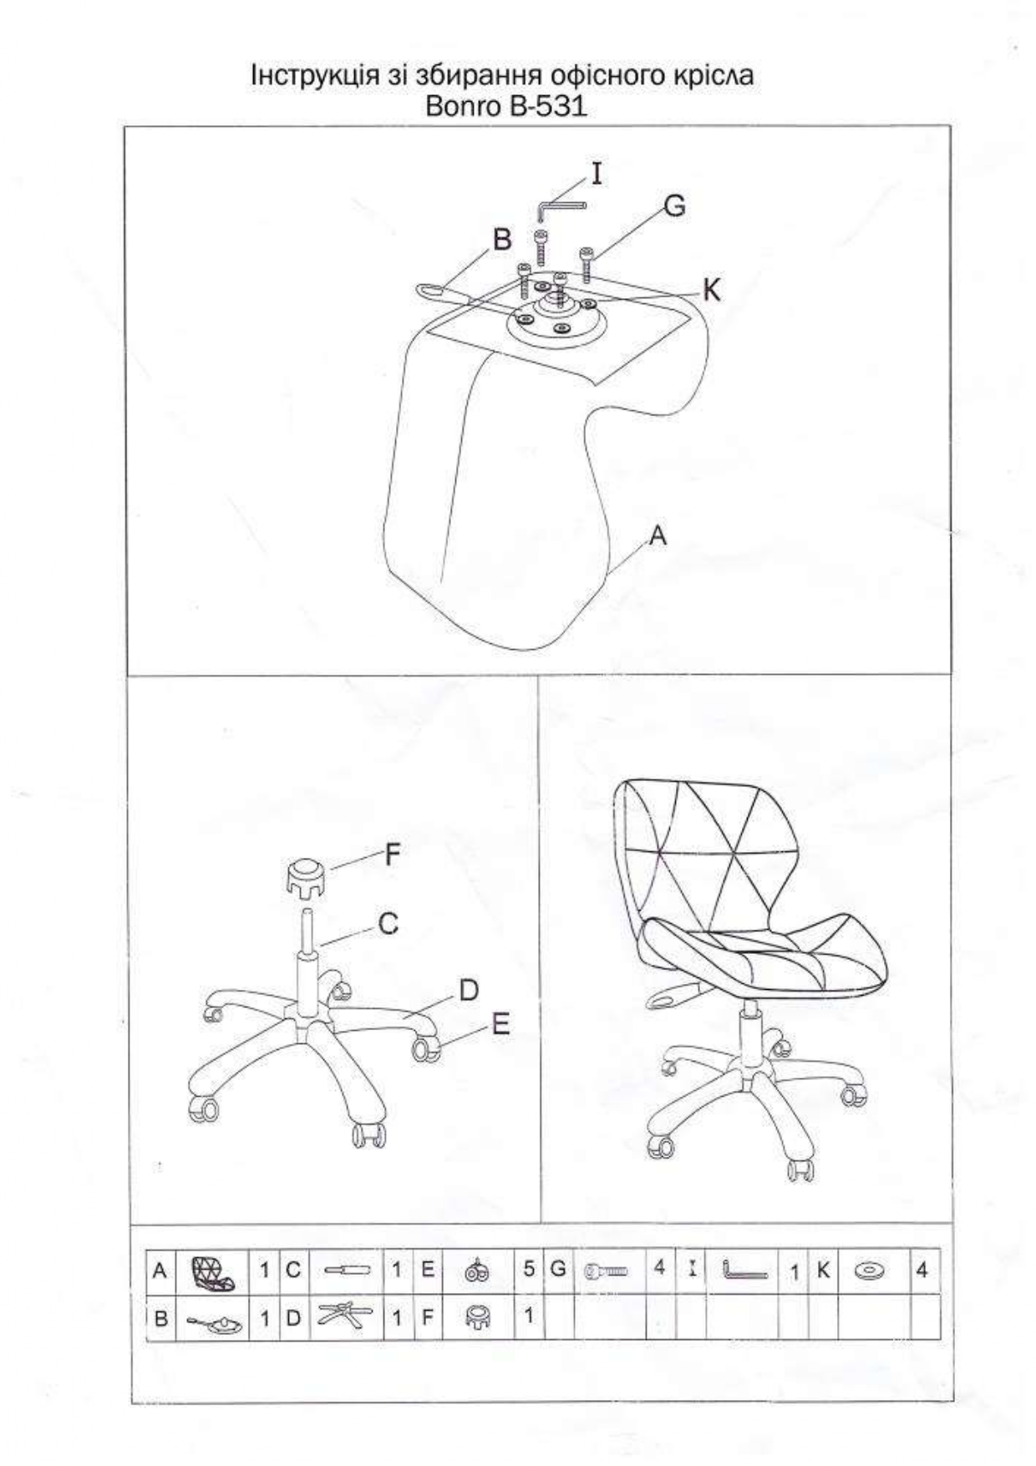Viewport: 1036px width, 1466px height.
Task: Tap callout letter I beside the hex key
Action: [596, 173]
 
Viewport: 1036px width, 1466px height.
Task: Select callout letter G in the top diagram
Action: [674, 205]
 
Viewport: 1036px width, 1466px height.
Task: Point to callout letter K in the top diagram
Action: [711, 290]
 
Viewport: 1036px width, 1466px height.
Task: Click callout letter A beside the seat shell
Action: [658, 535]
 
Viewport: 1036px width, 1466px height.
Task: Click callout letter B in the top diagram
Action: [501, 240]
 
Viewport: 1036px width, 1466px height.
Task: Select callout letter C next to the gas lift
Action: [388, 924]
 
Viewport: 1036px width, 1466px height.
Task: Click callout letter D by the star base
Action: [469, 991]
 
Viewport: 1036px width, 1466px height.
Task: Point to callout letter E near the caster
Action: [500, 1024]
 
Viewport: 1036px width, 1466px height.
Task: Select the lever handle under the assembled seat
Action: [673, 997]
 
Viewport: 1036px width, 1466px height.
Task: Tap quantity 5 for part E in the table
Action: [529, 1269]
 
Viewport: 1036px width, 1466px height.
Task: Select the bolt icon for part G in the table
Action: [606, 1271]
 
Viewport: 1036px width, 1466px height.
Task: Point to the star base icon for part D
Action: [346, 1317]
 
